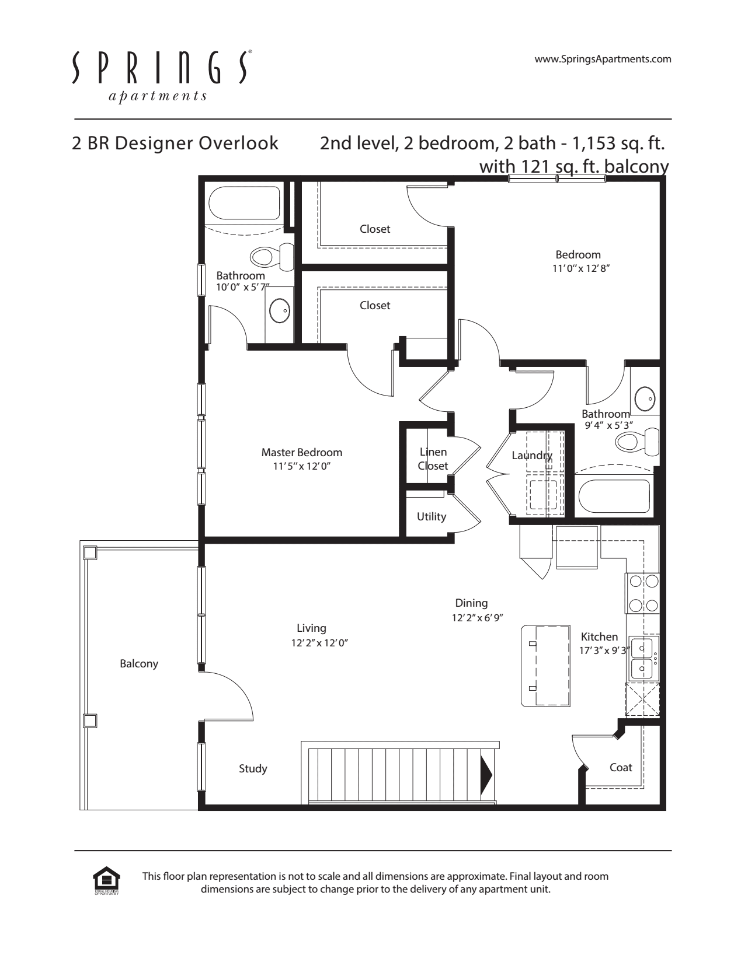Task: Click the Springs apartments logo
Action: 162,76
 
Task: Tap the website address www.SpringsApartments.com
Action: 603,60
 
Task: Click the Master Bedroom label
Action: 302,453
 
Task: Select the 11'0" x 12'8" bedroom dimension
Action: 580,268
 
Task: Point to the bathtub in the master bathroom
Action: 245,203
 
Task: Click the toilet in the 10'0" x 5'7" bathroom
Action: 272,257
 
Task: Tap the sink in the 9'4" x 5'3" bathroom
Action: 645,398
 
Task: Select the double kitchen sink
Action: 643,658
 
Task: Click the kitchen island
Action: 545,666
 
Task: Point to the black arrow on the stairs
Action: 486,775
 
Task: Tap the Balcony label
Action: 138,664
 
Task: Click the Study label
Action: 253,768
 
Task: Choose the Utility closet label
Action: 432,517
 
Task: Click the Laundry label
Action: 532,456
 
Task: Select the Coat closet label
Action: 621,768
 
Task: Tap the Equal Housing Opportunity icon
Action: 106,881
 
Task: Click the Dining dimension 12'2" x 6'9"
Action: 478,618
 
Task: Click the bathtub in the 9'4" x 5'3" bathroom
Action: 614,495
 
